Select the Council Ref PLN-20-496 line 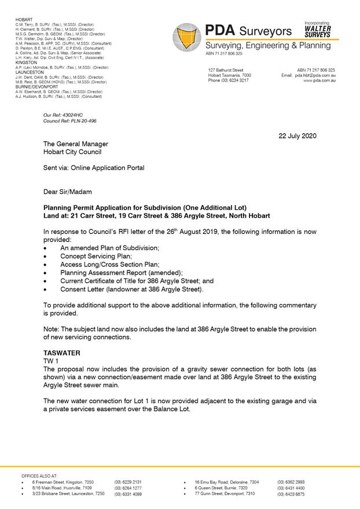click(70, 121)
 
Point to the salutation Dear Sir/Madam click(68, 191)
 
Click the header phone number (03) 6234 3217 click(228, 81)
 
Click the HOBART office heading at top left click(24, 20)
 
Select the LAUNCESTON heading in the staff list click(30, 72)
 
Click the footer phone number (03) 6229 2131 click(128, 482)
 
